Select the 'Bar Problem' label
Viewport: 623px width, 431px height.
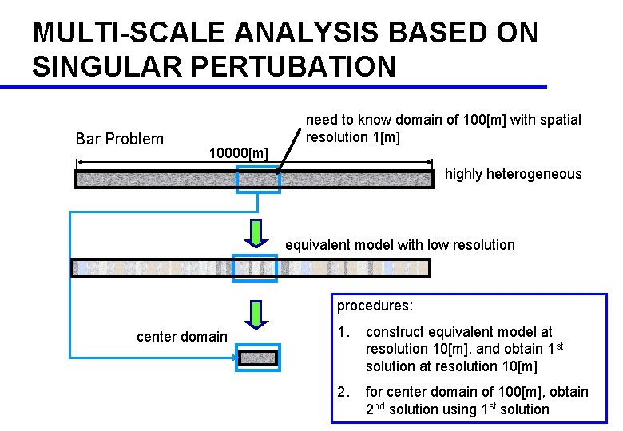(x=119, y=139)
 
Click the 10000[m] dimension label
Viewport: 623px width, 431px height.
(x=237, y=152)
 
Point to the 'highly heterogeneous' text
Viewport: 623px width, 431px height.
(x=513, y=174)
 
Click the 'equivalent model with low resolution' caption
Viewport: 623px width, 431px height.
(x=400, y=244)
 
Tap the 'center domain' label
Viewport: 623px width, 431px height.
(x=182, y=336)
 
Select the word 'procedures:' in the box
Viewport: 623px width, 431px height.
(x=375, y=306)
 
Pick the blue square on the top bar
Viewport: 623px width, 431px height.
(x=258, y=180)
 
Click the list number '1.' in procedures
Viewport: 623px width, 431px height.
(x=343, y=331)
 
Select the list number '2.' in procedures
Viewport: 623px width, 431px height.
(x=343, y=392)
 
